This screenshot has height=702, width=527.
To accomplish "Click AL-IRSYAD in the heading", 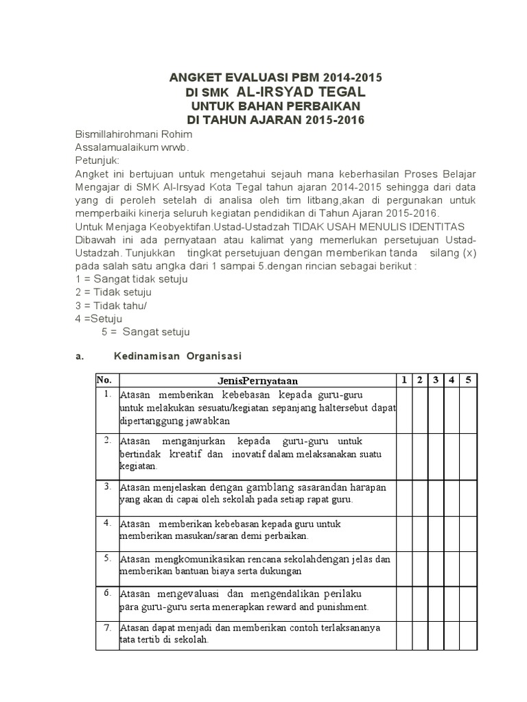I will click(x=301, y=91).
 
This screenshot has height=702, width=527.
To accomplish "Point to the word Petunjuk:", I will click(x=97, y=160).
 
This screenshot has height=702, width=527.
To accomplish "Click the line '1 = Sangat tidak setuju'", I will click(x=131, y=279).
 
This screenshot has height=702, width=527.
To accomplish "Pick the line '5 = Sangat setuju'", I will click(x=145, y=332).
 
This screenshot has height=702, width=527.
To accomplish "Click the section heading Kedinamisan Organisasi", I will click(x=178, y=356).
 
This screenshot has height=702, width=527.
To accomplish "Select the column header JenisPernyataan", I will click(x=257, y=380).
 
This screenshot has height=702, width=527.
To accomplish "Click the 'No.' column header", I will click(x=104, y=380).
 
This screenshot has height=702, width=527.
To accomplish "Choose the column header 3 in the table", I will click(x=436, y=380).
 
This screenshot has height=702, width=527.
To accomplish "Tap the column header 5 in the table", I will click(x=468, y=380).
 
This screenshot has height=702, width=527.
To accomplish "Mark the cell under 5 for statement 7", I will click(x=468, y=634).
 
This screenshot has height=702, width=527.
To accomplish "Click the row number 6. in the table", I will click(x=108, y=592).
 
